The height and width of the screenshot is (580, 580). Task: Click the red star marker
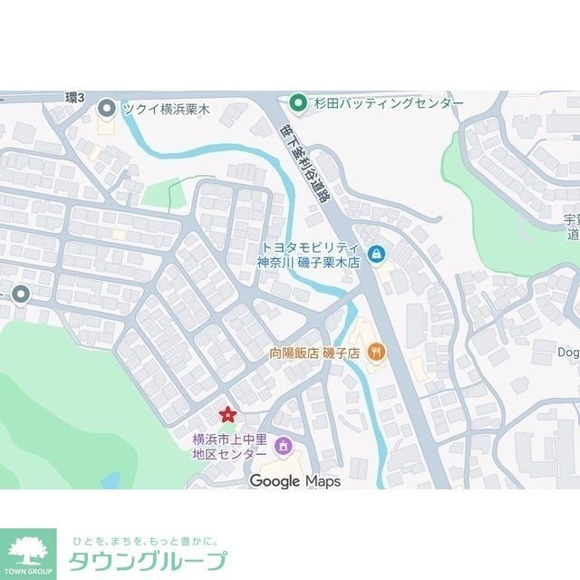point(227,415)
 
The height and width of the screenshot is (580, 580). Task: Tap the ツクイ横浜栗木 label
point(166,109)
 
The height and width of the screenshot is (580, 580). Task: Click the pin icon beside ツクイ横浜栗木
point(106,109)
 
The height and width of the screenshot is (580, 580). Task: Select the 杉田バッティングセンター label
point(389,102)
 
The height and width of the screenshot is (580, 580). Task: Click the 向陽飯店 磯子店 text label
point(314,352)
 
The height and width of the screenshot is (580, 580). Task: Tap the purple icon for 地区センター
point(283,445)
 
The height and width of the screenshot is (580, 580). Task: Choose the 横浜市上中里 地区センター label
point(229,446)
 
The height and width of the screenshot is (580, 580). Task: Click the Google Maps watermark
point(295,481)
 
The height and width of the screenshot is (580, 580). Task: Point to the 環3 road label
point(75,97)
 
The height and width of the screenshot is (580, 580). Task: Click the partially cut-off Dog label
point(568,352)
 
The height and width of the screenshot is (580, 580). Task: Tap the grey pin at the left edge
point(19,294)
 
